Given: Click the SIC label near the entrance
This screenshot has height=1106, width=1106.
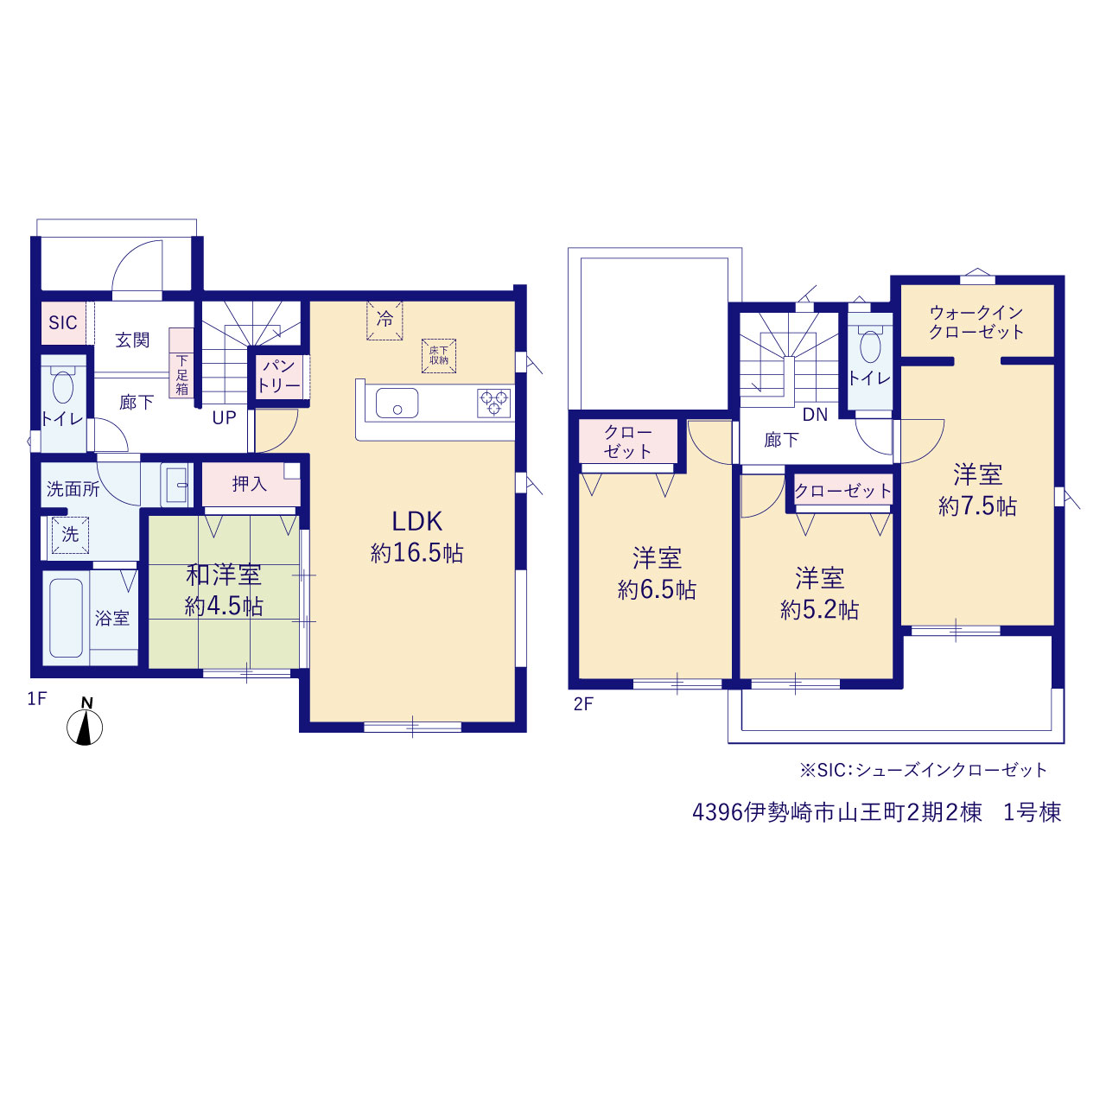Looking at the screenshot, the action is (62, 322).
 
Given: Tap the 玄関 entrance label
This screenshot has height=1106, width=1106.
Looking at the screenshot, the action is (132, 340).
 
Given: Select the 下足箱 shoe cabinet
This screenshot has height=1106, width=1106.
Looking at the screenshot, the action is (181, 363).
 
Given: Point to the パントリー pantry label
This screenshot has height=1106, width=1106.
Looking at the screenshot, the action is (279, 376).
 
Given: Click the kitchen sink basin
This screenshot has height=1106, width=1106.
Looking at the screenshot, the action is (397, 403).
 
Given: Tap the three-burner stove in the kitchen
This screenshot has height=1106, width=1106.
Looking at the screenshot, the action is (494, 403).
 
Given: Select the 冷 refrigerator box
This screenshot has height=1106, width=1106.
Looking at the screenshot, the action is (385, 321).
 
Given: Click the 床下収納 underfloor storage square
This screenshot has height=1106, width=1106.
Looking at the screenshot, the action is (439, 356).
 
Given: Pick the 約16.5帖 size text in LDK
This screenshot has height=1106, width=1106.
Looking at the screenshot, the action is (416, 553).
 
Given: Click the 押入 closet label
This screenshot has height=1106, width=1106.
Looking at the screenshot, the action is (250, 484).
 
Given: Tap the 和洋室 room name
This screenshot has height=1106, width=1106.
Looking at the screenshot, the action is (224, 575).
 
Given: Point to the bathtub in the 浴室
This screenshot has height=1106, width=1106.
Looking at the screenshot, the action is (66, 618).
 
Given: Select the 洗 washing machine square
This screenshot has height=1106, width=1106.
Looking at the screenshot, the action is (70, 535).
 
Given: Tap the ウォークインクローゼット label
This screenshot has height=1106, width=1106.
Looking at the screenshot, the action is (976, 322).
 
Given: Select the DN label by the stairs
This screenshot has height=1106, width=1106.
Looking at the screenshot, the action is (815, 415).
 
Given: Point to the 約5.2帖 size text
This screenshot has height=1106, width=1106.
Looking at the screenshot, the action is (820, 611).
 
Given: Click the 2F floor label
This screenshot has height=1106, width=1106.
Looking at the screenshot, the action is (583, 704).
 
